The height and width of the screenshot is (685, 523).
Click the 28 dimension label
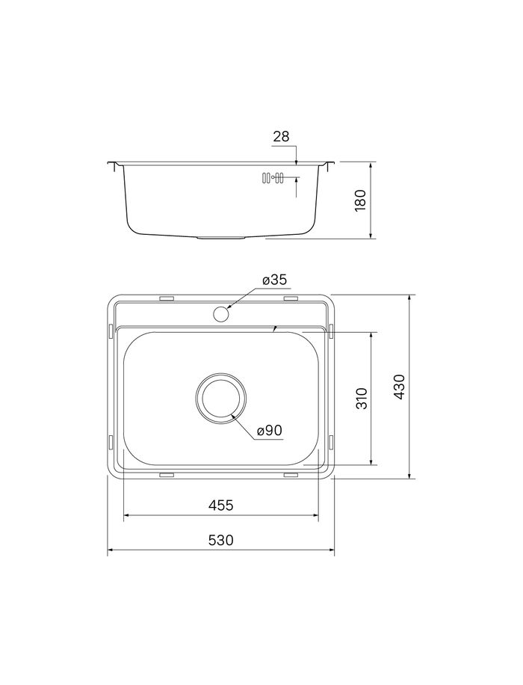coord(281,137)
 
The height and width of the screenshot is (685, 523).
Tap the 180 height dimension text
coord(362,200)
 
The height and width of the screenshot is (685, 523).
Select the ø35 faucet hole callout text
coord(275,280)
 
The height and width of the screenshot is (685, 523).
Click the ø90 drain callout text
coord(270,431)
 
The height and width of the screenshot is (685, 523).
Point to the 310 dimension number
coord(362,398)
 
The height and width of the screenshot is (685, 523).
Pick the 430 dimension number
coord(400,386)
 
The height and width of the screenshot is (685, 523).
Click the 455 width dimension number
coord(221,506)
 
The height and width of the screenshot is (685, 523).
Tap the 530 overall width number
coord(221,541)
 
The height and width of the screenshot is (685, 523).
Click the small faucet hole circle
coord(221,313)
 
